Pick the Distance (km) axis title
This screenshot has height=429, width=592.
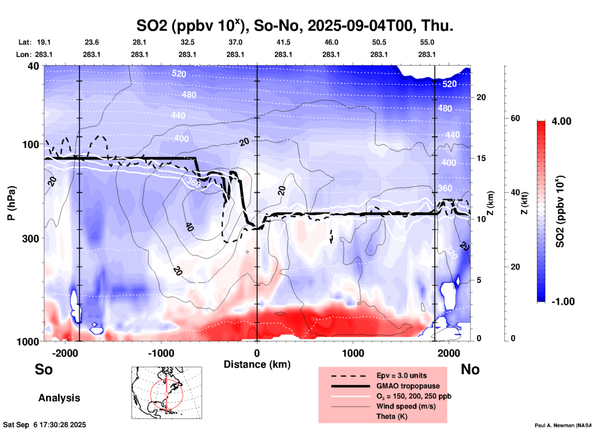(257, 364)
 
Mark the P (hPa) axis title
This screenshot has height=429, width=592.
(11, 203)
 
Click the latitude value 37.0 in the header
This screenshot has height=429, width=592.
(235, 42)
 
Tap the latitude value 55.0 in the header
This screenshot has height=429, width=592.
(427, 42)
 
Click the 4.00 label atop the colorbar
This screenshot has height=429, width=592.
(561, 121)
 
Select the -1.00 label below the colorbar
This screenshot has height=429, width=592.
(563, 302)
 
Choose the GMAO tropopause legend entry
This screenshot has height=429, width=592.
(408, 386)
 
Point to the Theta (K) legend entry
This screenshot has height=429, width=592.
(392, 417)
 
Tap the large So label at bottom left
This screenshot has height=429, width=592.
(44, 369)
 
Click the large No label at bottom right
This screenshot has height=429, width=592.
(470, 369)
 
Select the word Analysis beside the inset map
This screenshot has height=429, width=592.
(59, 398)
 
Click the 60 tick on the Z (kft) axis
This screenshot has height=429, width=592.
(515, 118)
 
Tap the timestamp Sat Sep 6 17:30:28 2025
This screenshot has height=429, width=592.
(45, 425)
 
